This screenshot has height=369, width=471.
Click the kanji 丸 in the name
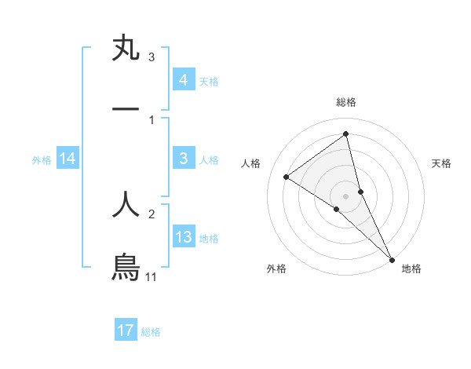click(x=126, y=49)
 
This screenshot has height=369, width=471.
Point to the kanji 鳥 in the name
click(x=126, y=267)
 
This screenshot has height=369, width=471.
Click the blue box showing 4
click(x=183, y=80)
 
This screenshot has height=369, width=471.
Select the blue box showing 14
click(x=68, y=159)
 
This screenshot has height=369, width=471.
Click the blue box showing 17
click(x=126, y=331)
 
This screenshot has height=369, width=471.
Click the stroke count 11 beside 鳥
click(x=152, y=277)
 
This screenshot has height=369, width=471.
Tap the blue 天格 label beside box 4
click(x=209, y=81)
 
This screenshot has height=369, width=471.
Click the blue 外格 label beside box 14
click(x=42, y=160)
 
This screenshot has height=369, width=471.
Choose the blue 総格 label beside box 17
click(x=151, y=331)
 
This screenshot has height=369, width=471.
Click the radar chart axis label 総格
click(x=346, y=102)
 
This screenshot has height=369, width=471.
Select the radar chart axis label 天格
click(x=442, y=163)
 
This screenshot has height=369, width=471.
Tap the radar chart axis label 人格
click(x=251, y=163)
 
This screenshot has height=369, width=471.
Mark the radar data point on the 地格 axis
click(x=392, y=258)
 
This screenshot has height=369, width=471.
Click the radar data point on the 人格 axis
click(x=287, y=177)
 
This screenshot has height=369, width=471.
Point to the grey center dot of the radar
click(x=346, y=195)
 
